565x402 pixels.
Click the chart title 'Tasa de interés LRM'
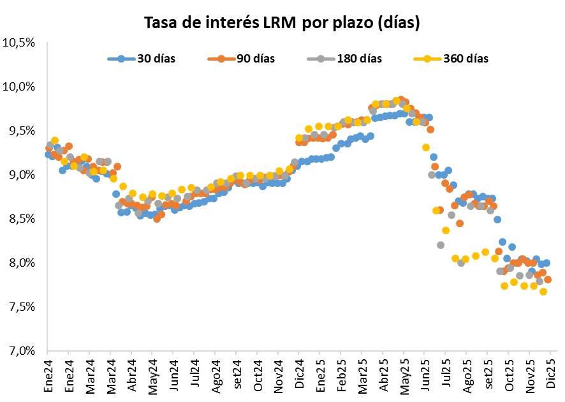[x=282, y=24]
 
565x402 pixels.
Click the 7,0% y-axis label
[x=21, y=351]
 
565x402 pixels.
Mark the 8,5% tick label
[x=21, y=219]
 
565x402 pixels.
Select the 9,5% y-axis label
[x=21, y=131]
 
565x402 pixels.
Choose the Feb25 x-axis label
[x=342, y=373]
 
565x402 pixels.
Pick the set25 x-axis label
[x=489, y=374]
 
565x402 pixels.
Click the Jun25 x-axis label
[x=426, y=373]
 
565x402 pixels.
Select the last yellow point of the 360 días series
[x=543, y=292]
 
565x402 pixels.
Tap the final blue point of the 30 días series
[x=547, y=263]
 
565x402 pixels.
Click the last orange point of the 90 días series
[x=548, y=279]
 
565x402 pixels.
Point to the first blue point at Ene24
[x=48, y=154]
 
